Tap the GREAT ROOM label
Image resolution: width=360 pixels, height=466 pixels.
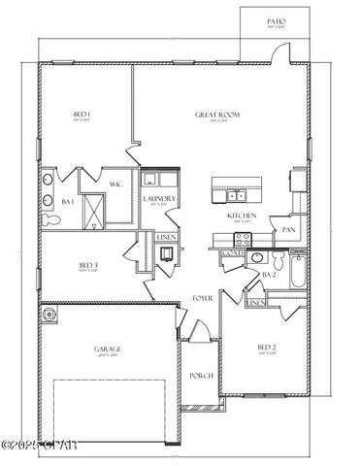coord(217,116)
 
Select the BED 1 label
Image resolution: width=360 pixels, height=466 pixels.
coord(82,116)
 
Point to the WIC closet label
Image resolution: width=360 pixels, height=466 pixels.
coord(115,183)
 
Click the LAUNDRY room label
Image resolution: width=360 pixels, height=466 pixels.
coord(158,199)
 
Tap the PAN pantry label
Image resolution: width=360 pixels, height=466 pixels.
coord(288,230)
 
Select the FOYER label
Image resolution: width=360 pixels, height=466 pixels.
coord(202,297)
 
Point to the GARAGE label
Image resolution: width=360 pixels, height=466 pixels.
coord(106,349)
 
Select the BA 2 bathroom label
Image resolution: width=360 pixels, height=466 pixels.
coord(269,276)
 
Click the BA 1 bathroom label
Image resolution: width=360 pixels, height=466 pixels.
coord(68,202)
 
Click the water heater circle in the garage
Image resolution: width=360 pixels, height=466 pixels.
coord(50,316)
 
